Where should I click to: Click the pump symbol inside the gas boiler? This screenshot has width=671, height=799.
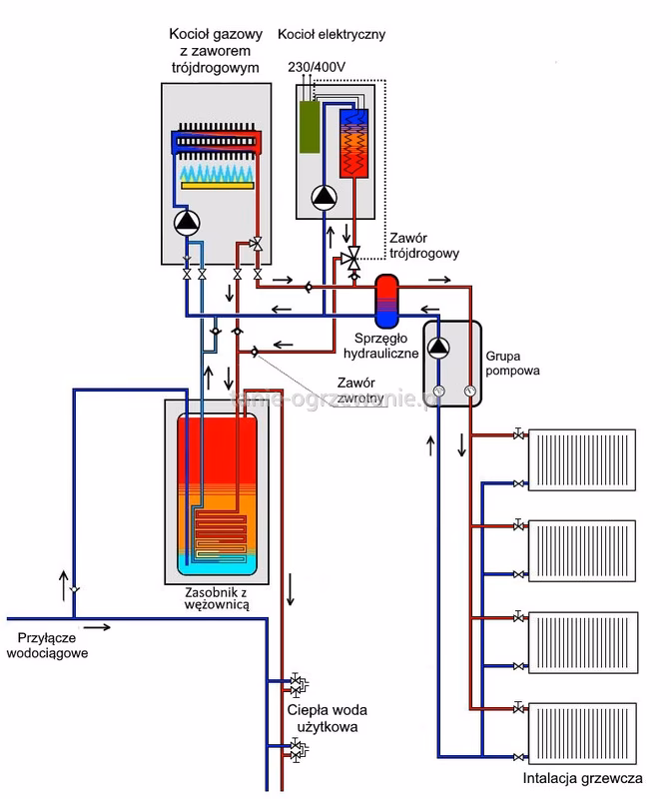187,222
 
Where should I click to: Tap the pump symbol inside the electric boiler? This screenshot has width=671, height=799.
324,198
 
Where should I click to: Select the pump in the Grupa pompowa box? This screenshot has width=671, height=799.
438,349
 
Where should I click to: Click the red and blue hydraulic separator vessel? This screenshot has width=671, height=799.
384,299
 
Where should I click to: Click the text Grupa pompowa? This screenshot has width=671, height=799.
512,362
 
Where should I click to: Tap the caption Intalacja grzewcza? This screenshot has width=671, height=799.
582,779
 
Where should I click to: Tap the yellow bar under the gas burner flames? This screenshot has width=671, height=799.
216,187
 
